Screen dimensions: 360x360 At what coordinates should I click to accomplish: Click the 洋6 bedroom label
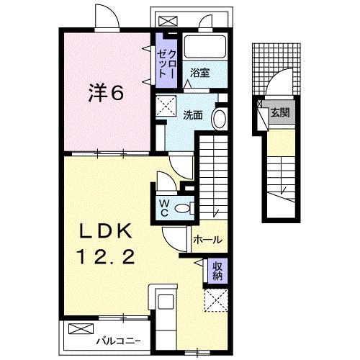104,93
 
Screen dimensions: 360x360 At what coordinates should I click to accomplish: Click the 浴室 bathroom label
199,73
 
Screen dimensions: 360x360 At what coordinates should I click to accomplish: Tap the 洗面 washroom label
192,114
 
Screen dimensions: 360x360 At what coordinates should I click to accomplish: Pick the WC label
163,207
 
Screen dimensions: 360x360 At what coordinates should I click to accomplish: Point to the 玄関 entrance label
279,112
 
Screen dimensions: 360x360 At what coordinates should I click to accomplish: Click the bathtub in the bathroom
204,46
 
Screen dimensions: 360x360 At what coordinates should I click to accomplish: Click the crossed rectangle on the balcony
78,329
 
